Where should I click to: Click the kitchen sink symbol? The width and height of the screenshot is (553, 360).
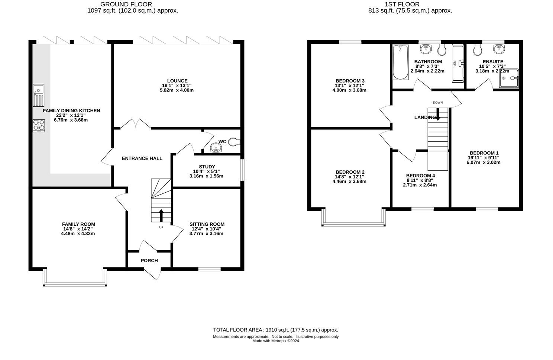pos(38,95)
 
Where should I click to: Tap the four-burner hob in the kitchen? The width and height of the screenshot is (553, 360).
pos(39,125)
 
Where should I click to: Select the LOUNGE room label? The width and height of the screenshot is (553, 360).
pos(177,81)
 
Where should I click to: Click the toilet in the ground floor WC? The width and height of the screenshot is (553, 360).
pos(234,141)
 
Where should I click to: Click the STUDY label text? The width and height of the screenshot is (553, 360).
pos(207,167)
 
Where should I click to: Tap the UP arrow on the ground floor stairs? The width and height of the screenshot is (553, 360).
pos(161,215)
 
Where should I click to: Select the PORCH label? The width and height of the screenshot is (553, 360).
pos(149,260)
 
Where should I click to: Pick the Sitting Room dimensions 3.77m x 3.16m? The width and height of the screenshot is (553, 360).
pos(207,234)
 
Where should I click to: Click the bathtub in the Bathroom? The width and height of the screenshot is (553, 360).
pos(400,62)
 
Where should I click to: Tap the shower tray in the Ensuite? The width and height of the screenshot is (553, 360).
pos(508,78)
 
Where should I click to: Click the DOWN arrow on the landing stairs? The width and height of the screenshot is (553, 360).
pos(438,114)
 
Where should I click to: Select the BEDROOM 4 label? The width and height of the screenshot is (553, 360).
pos(420,176)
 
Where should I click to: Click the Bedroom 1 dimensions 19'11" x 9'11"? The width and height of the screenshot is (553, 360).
pos(484,158)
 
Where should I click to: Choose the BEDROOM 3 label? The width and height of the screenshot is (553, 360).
pos(350,81)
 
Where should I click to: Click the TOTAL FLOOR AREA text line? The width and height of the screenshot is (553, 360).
pos(275,330)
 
